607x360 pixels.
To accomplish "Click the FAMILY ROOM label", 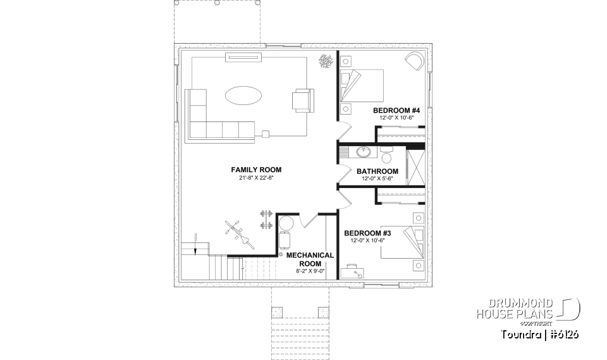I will (256, 170).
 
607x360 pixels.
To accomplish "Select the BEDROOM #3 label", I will (364, 233).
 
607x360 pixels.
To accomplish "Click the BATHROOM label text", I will (377, 171).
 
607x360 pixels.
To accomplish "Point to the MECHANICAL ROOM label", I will (310, 259).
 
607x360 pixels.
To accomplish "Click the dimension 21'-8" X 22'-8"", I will (256, 178).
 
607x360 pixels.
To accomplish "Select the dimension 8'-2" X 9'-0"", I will (310, 271).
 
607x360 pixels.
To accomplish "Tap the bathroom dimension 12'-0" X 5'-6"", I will (377, 179).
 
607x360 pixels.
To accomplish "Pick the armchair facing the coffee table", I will (302, 101).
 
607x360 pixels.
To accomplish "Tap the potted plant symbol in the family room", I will (326, 61).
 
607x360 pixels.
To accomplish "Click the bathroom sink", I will (364, 152).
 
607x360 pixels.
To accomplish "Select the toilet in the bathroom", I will (387, 153).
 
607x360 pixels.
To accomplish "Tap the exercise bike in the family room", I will (238, 232).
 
